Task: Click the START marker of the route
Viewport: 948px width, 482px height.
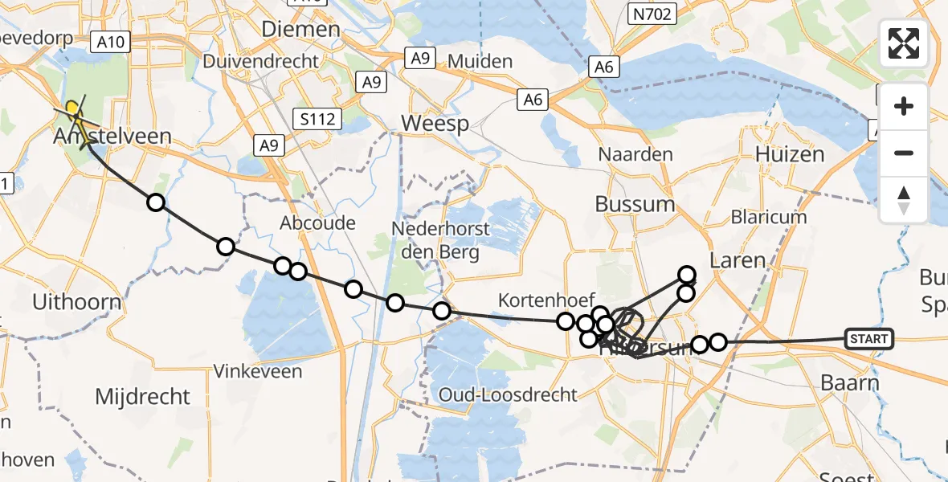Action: point(868,339)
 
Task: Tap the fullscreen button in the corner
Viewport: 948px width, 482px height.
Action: point(904,43)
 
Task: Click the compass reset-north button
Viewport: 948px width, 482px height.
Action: point(904,199)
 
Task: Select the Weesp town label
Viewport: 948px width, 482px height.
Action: point(435,124)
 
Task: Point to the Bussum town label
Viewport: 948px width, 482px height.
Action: point(635,204)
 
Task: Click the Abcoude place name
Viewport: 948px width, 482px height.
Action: point(317,223)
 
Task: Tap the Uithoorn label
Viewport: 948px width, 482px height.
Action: point(77,303)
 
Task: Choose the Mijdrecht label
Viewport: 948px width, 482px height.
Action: point(142,396)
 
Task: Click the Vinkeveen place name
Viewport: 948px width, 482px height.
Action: point(258,371)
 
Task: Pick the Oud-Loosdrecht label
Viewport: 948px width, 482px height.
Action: point(508,394)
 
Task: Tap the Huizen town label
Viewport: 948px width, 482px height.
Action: point(790,154)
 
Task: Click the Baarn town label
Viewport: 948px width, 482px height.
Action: point(850,383)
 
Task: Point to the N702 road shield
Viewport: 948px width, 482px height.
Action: point(653,14)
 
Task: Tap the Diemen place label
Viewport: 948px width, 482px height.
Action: point(300,30)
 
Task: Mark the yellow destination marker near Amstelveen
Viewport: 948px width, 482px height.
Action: point(72,108)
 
